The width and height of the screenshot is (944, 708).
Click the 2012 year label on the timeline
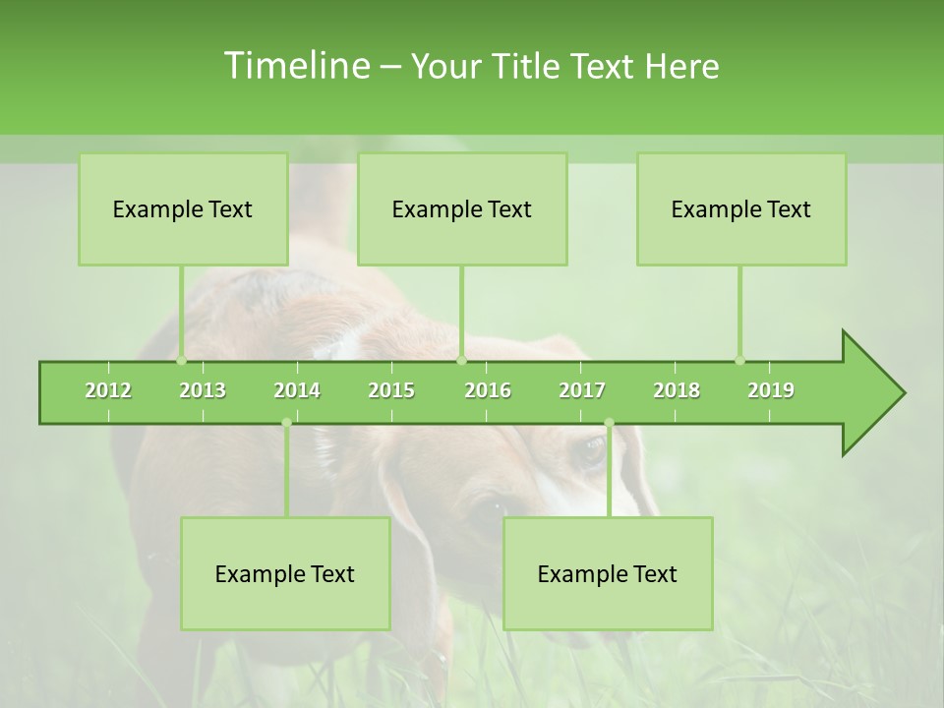(108, 390)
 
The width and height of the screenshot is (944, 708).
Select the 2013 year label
(203, 390)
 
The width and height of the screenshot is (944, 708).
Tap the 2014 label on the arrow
(297, 390)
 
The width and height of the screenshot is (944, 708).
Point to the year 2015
(391, 390)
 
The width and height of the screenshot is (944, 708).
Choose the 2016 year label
(488, 390)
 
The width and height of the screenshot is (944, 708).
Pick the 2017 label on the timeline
(582, 390)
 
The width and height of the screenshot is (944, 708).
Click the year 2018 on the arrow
(677, 390)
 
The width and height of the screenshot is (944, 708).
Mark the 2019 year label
(771, 390)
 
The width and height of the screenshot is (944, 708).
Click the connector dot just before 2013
(181, 361)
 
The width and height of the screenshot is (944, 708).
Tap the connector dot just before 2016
(461, 361)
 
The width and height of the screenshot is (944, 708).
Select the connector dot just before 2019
(739, 361)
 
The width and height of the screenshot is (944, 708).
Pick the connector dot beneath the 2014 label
(286, 423)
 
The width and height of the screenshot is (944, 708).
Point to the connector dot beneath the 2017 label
(609, 423)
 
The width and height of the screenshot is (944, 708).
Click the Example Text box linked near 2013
(183, 208)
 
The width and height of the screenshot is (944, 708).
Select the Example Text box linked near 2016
(462, 208)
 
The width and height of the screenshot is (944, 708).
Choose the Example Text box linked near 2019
(741, 208)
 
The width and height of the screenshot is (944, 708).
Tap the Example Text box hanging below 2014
(285, 573)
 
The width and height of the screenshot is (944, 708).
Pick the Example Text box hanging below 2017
(608, 573)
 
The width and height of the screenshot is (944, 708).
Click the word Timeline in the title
(295, 66)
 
